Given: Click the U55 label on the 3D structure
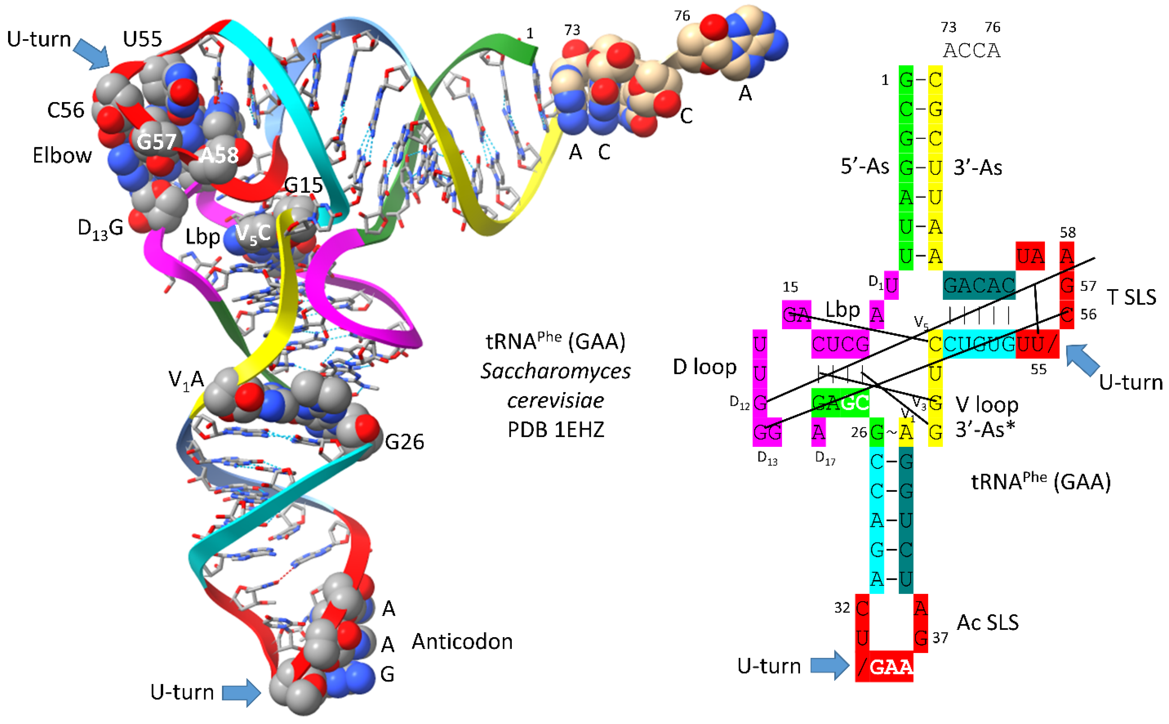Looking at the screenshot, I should [x=142, y=39].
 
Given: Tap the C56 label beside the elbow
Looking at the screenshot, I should [x=66, y=110].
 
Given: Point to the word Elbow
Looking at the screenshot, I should [x=62, y=156].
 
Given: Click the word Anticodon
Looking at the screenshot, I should [x=462, y=642].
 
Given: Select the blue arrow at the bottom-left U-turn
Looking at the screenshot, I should [x=241, y=692].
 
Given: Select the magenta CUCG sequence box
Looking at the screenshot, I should [x=840, y=344].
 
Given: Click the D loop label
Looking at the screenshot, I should [x=705, y=367].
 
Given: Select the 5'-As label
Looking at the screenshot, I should [x=865, y=167].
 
